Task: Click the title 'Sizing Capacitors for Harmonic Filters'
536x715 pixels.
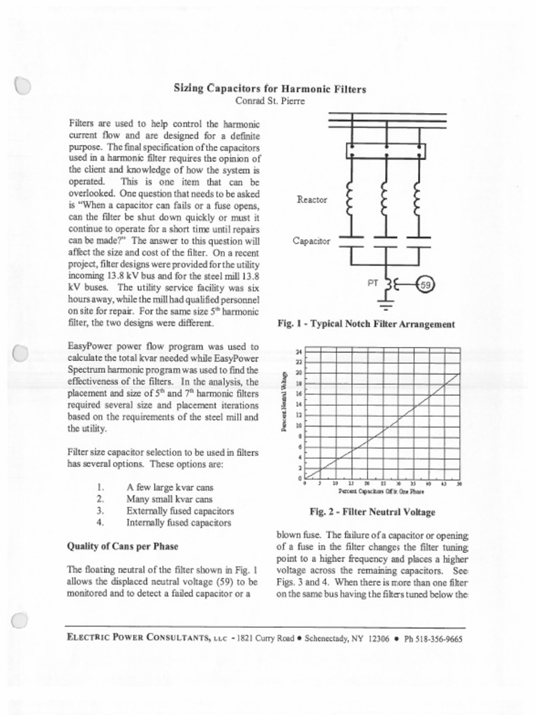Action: tap(269, 89)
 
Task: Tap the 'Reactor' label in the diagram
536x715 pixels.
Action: tap(311, 200)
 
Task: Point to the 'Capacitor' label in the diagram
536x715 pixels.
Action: tap(311, 241)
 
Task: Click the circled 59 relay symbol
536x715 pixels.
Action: tap(426, 284)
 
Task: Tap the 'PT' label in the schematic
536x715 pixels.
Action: tap(373, 283)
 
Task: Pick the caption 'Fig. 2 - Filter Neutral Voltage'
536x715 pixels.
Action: tap(372, 512)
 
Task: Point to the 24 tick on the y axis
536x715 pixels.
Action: tap(299, 351)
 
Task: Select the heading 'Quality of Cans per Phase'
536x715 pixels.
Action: tap(122, 545)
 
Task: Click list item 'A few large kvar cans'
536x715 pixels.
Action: tap(170, 487)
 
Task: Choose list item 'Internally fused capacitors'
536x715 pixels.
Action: tap(178, 522)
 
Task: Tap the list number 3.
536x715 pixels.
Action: tap(100, 510)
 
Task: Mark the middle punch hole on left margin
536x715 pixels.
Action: tap(20, 353)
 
